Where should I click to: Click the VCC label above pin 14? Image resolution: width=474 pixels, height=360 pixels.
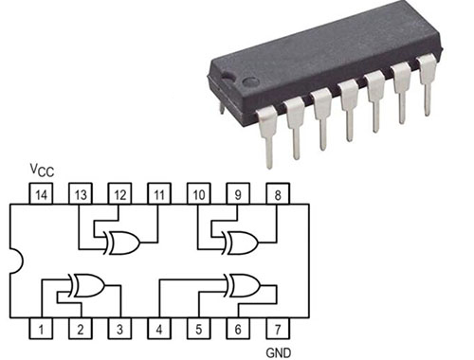tap(41, 171)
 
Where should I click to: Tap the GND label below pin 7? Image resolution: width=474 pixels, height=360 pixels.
tap(277, 351)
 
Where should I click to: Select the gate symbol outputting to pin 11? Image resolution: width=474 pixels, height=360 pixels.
tap(122, 243)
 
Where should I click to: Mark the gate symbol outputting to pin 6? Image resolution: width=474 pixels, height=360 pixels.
tap(241, 283)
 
